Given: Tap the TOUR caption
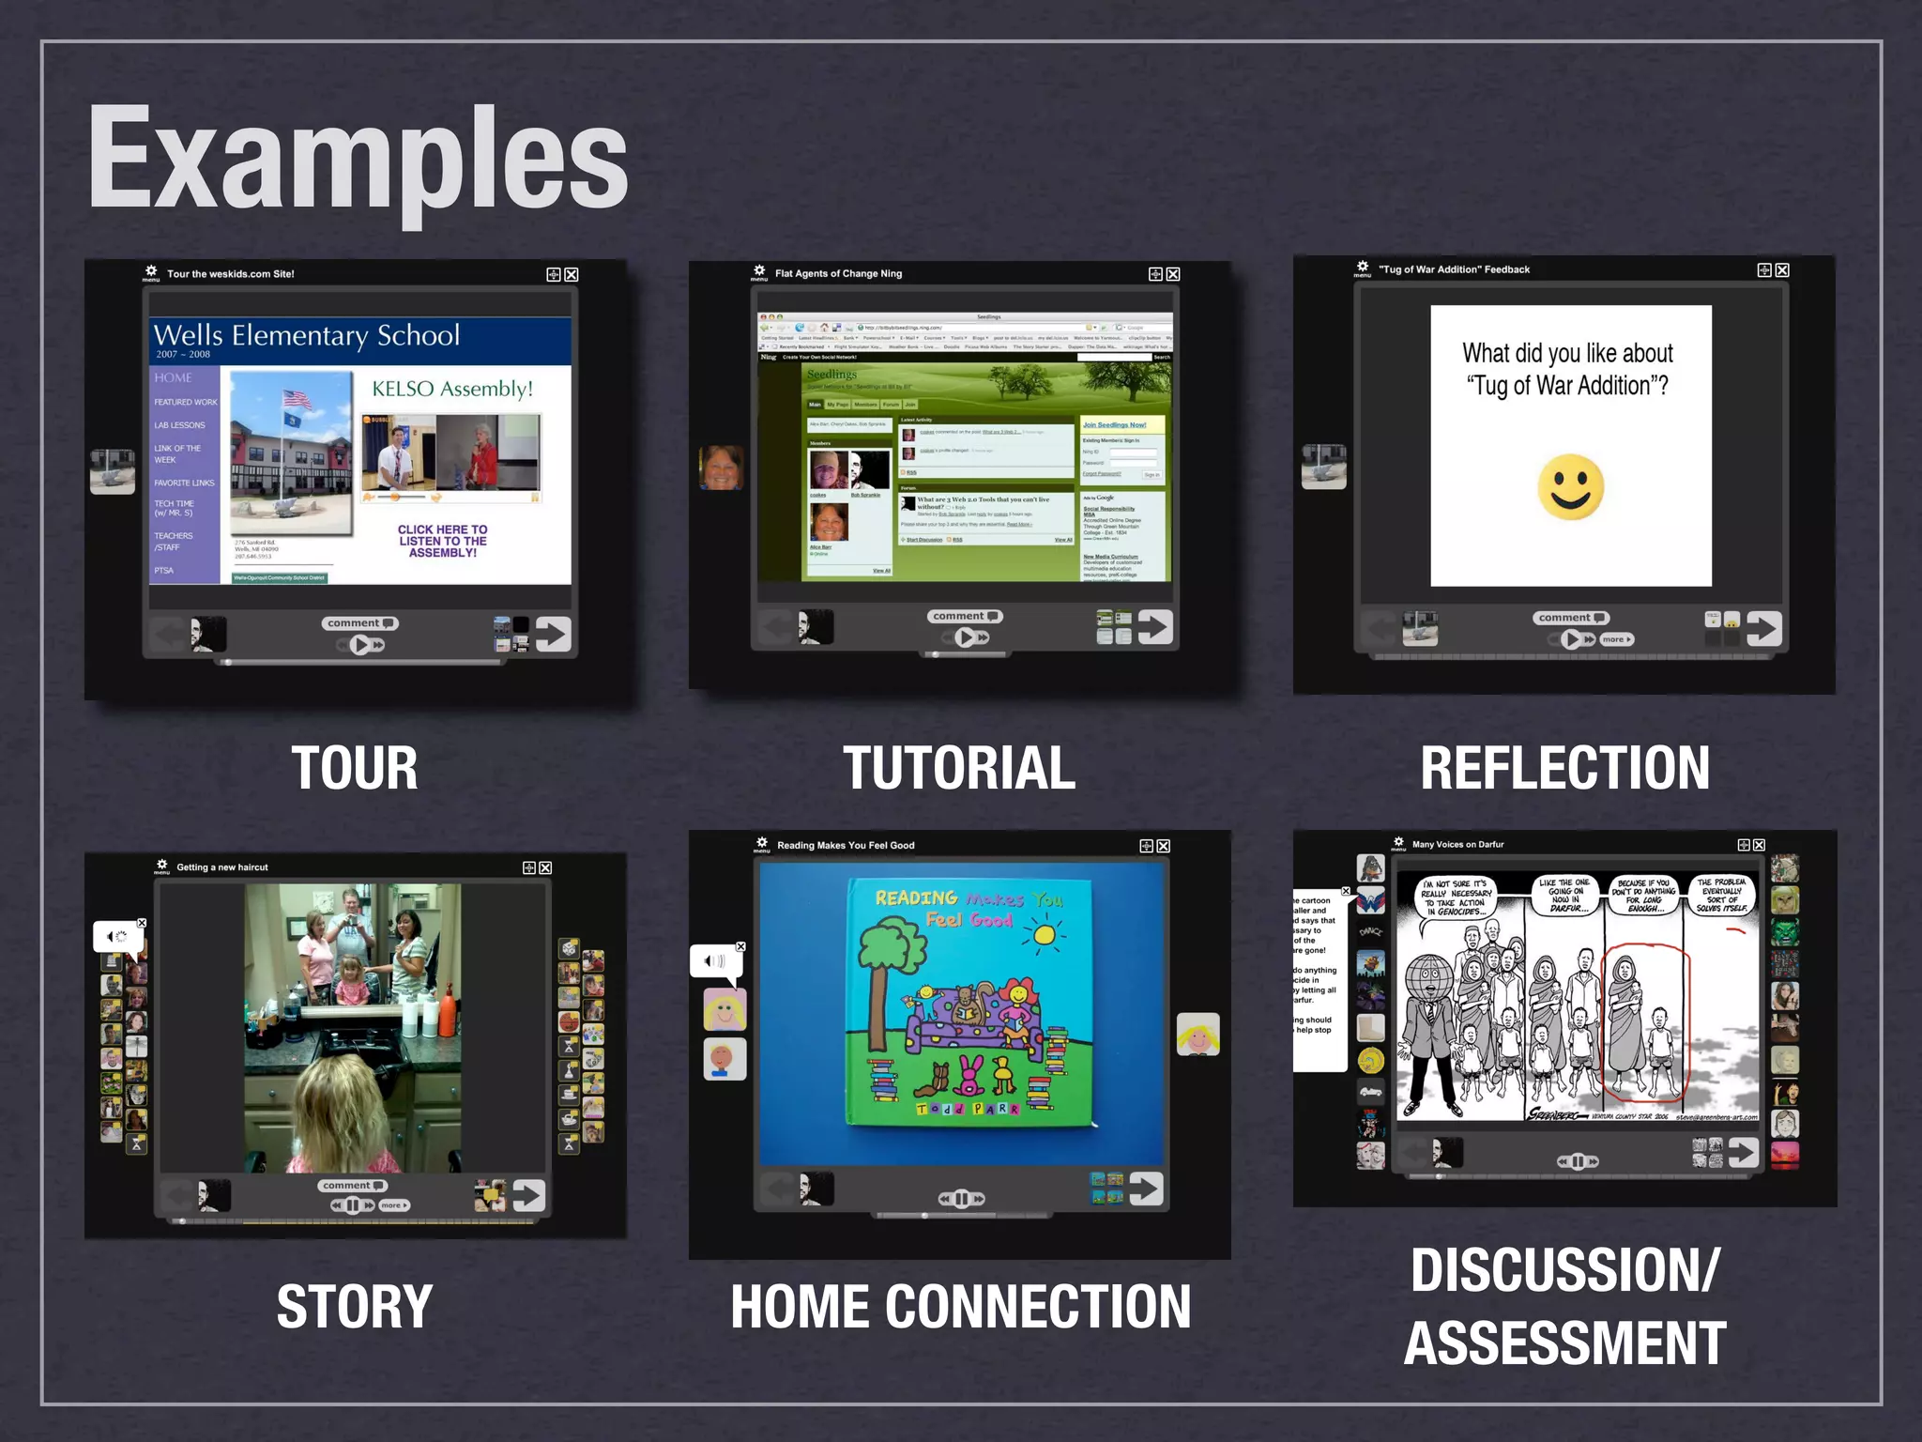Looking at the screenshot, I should [x=354, y=768].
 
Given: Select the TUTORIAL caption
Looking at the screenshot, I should [x=958, y=768].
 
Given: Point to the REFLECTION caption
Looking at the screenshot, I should [x=1564, y=768].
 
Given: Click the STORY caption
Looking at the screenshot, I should [x=354, y=1306].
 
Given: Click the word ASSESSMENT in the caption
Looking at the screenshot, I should [x=1564, y=1342].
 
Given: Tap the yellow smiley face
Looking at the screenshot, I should [x=1570, y=487].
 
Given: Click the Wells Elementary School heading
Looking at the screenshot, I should [x=307, y=335].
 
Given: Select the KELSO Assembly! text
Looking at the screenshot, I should [x=452, y=389].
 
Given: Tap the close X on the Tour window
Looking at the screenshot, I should [x=572, y=274].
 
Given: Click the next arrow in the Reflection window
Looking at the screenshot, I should [x=1764, y=628].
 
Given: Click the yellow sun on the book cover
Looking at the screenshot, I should [x=1042, y=933].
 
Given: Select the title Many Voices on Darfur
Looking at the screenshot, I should [x=1457, y=844].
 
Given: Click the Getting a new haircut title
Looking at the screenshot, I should [x=222, y=867].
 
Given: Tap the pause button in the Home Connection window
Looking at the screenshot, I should [x=961, y=1199].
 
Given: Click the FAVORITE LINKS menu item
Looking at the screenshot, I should [x=184, y=483].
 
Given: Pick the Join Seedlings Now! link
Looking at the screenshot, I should [x=1114, y=425].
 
